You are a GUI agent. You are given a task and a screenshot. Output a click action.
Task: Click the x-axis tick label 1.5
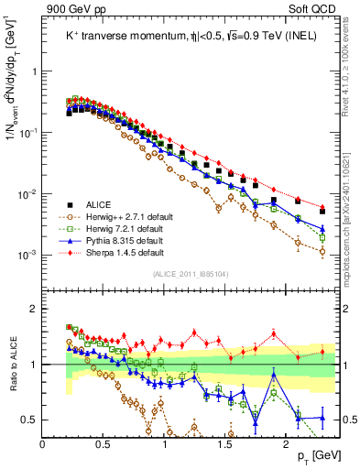tap(224, 443)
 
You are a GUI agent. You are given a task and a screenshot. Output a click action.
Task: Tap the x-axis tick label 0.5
tap(104, 443)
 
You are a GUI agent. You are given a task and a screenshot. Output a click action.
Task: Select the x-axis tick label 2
tap(286, 443)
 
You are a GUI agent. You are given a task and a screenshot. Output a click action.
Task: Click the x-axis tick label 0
tap(43, 443)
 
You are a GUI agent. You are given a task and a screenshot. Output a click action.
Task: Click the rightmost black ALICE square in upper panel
tap(322, 212)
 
